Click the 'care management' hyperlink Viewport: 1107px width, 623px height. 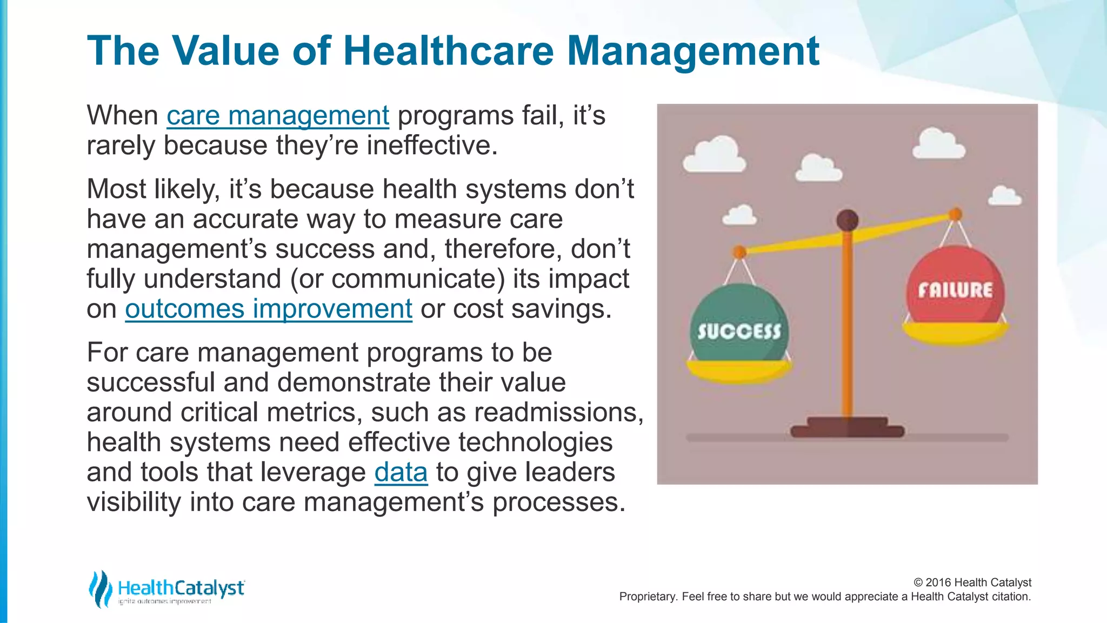[277, 116]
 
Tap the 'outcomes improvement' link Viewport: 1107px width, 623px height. [268, 309]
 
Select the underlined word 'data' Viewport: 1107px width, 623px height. [401, 472]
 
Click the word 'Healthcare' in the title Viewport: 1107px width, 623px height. [448, 51]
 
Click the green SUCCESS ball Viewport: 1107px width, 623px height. [739, 324]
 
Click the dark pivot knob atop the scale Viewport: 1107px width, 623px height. [847, 220]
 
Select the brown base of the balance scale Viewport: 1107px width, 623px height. [847, 427]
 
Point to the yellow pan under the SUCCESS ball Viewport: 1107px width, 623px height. [739, 370]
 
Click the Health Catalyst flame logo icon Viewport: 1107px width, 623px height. [100, 588]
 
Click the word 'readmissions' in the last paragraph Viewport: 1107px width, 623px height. [557, 413]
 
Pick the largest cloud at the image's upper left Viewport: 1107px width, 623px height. [715, 155]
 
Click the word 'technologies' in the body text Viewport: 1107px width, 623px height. [535, 442]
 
